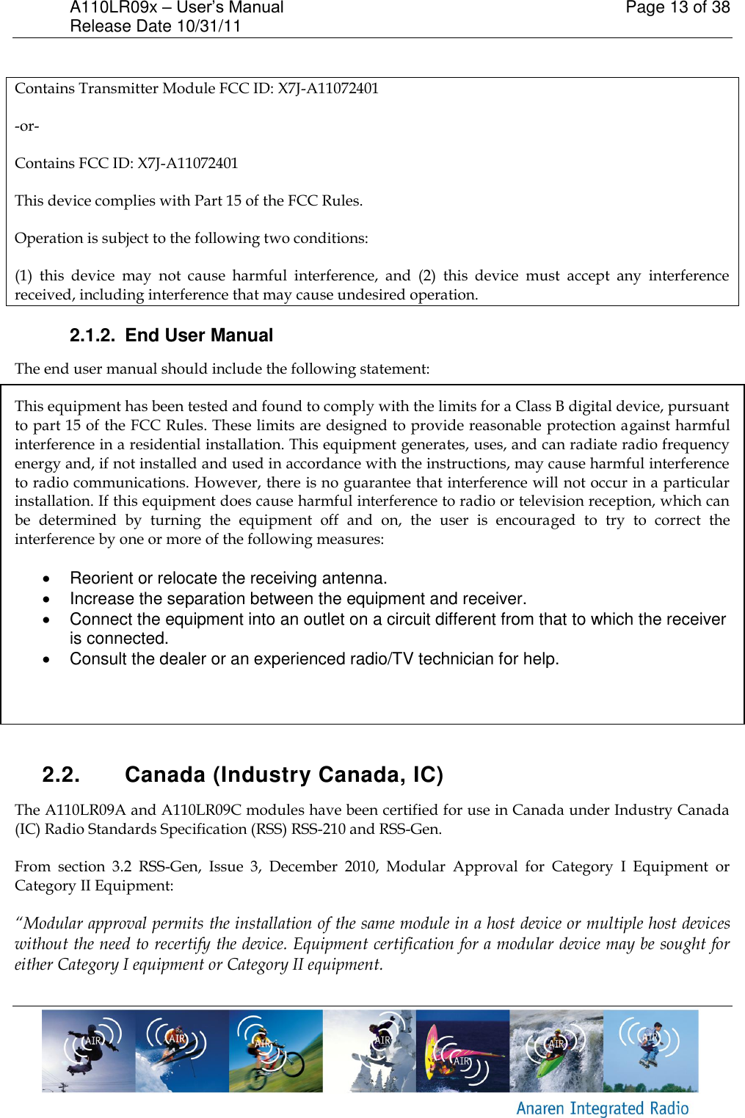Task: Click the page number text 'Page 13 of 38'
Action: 677,8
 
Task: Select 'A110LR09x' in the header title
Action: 114,8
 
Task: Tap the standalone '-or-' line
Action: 27,126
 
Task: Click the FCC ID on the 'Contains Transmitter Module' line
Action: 328,89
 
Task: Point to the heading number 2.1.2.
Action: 92,335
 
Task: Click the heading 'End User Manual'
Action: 199,335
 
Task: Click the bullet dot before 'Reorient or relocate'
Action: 47,579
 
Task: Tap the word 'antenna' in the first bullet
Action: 354,578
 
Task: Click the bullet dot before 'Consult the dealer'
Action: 47,660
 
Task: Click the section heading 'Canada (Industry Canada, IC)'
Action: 284,775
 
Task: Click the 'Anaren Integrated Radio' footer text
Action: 602,1108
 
